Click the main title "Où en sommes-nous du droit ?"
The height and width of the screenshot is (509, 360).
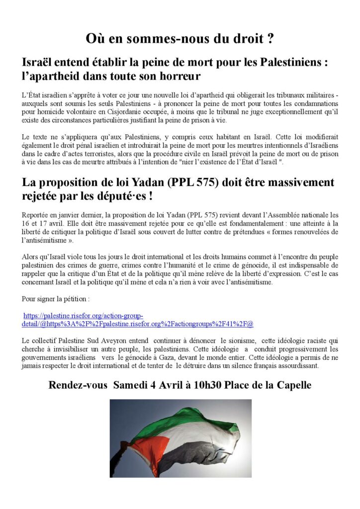[180, 38]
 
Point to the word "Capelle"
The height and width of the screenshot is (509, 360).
[291, 385]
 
